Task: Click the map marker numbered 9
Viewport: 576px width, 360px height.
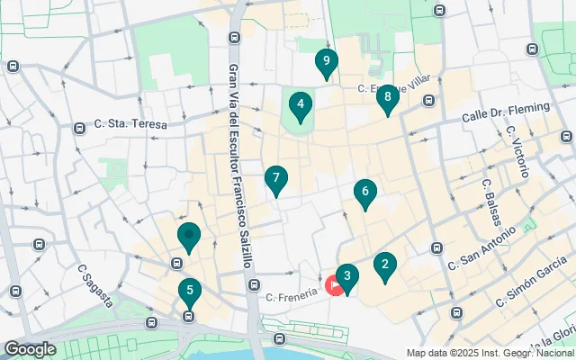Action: point(326,62)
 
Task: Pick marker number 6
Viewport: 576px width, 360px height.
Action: point(364,192)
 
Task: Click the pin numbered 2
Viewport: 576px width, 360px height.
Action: point(385,265)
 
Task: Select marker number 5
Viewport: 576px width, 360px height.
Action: point(189,292)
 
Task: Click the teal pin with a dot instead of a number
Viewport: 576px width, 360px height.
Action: point(188,238)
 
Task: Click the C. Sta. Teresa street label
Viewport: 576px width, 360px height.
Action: point(131,125)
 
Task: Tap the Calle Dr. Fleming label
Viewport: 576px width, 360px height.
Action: point(505,112)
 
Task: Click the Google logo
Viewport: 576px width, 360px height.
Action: point(31,349)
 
